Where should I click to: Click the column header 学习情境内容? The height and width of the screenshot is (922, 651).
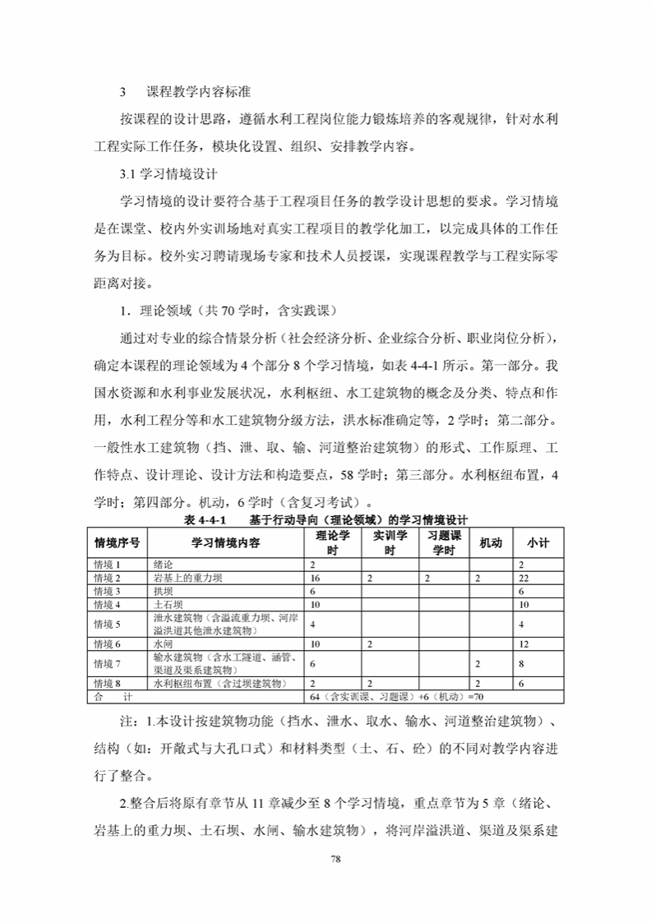[x=226, y=543]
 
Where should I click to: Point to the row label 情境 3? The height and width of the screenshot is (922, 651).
[x=108, y=591]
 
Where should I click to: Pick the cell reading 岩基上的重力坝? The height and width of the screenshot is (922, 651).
[x=188, y=579]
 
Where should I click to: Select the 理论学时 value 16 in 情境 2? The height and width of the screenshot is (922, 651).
[x=315, y=579]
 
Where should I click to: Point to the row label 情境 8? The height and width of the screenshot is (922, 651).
[x=108, y=683]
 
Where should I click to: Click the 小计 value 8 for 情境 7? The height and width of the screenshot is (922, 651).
[x=521, y=663]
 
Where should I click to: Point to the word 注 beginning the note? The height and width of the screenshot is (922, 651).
[x=126, y=721]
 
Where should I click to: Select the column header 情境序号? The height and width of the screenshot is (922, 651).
[x=117, y=543]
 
